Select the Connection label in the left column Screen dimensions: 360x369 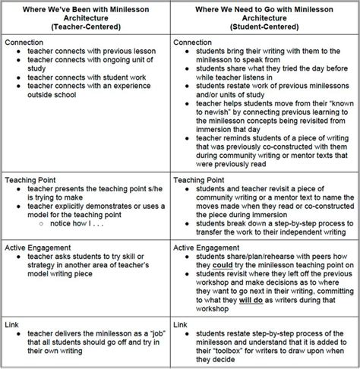coord(24,44)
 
